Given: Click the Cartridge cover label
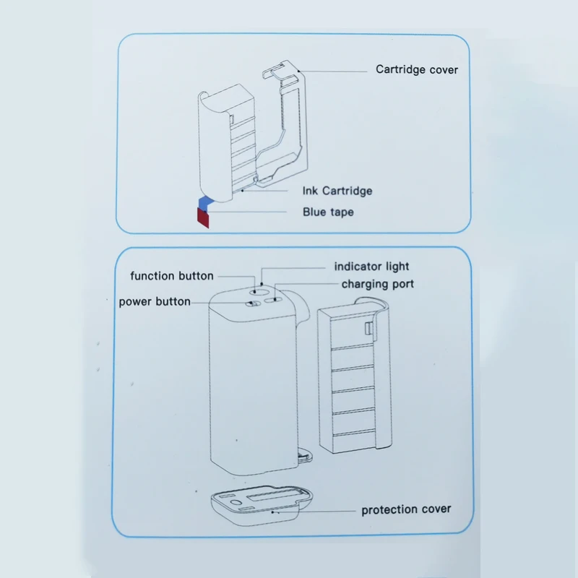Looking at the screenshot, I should click(x=417, y=70).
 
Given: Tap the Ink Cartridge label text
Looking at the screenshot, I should click(x=337, y=191).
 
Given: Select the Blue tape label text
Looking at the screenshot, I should click(x=328, y=212).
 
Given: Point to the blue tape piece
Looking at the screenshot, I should click(x=205, y=202).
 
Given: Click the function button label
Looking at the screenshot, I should click(x=172, y=276).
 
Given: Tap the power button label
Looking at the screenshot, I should click(x=155, y=301).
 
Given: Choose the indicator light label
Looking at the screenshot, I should click(x=372, y=267).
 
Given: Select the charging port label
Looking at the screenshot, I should click(x=378, y=284).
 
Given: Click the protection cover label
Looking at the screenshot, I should click(x=406, y=509).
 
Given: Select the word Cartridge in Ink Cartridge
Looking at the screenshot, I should click(x=348, y=191).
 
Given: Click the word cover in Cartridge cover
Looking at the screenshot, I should click(x=442, y=70).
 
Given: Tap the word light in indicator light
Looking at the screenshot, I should click(x=397, y=267).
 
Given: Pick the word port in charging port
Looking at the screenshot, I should click(x=402, y=284).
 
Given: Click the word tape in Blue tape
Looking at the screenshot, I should click(x=342, y=212).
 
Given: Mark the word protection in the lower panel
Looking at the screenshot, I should click(x=389, y=509).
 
